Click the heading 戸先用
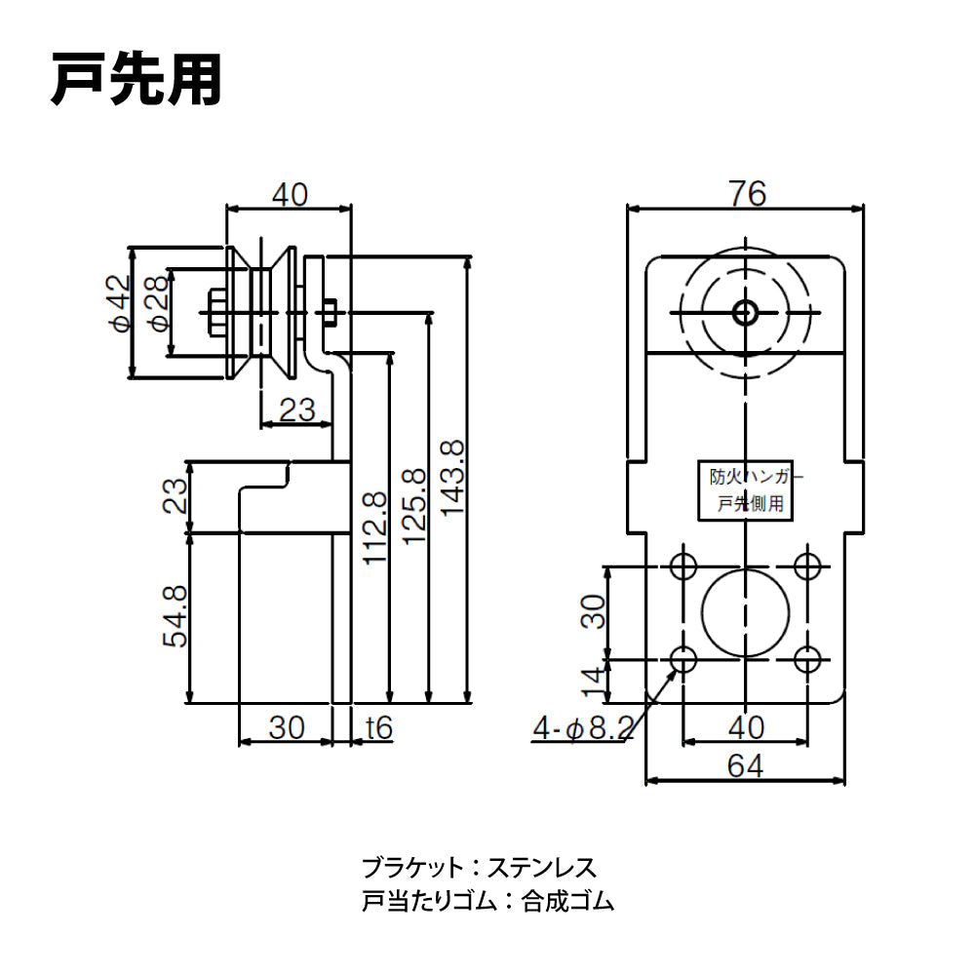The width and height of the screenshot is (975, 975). [x=136, y=80]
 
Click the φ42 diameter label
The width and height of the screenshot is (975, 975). [x=119, y=304]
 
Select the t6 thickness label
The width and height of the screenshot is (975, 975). [x=378, y=726]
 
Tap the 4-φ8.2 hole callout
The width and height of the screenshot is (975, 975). [x=583, y=726]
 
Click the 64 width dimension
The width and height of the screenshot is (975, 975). [x=746, y=765]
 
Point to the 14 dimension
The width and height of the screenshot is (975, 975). [x=596, y=681]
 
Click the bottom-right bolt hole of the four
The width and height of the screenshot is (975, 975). [x=806, y=659]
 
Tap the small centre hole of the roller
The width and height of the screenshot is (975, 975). [x=745, y=312]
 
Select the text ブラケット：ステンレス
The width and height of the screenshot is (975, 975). [x=478, y=866]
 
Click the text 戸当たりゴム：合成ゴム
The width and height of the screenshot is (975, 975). [x=487, y=901]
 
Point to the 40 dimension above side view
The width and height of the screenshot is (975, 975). [x=289, y=194]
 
